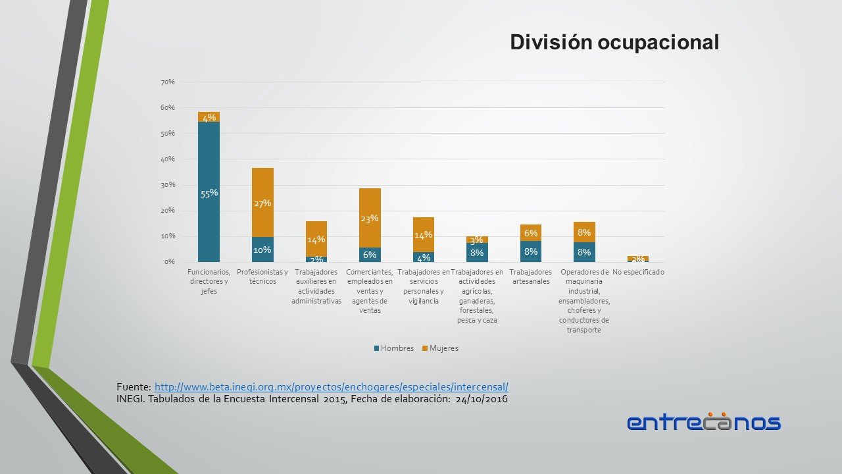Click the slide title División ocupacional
(614, 42)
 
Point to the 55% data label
(209, 194)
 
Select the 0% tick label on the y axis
(169, 262)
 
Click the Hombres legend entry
(394, 348)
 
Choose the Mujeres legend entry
(440, 348)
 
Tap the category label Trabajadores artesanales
(530, 277)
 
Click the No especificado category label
(638, 273)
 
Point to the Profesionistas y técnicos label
(262, 277)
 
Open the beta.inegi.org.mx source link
(332, 386)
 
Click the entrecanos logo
(704, 422)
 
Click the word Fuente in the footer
(133, 386)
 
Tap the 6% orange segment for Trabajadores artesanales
(530, 233)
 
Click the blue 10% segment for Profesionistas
(262, 250)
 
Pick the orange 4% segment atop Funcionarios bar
(209, 117)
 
